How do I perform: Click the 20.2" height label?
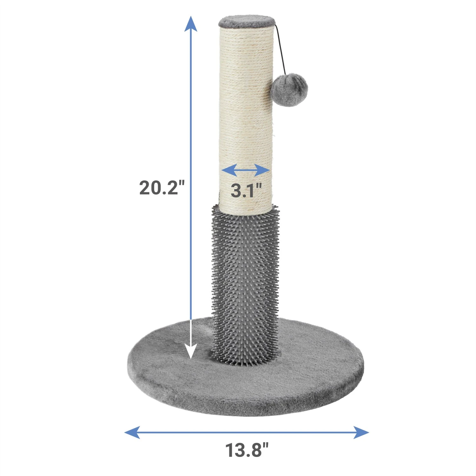(162, 188)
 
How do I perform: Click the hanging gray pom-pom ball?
(285, 90)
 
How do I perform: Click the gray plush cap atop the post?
(246, 22)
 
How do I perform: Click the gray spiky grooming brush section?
(245, 286)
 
